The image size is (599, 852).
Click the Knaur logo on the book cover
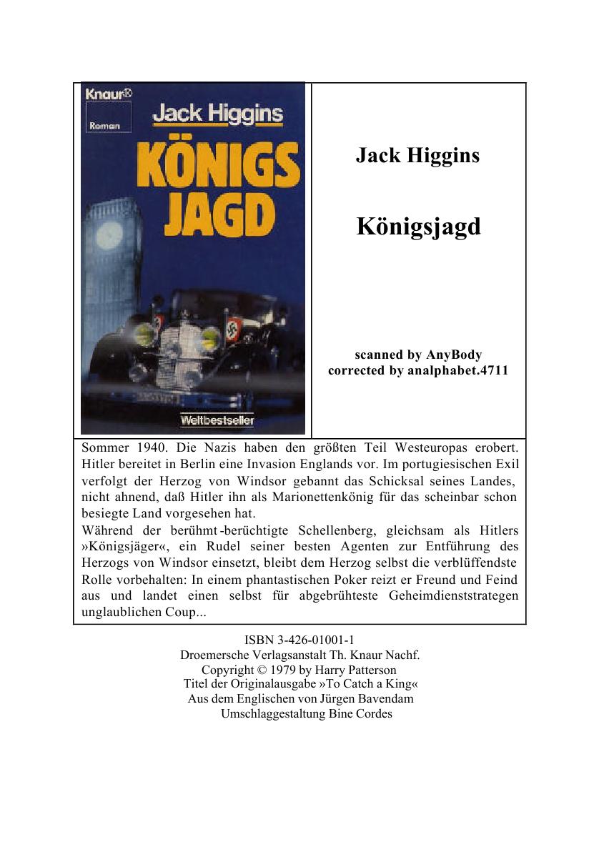104,93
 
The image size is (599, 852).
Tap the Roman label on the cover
104,126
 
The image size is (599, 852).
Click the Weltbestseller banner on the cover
217,420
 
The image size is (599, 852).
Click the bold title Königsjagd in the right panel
418,227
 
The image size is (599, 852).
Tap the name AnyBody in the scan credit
454,355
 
